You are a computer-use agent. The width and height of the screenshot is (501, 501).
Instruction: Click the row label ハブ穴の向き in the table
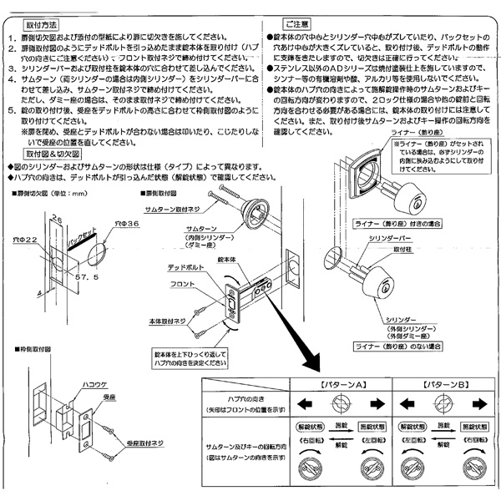[x=242, y=402]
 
